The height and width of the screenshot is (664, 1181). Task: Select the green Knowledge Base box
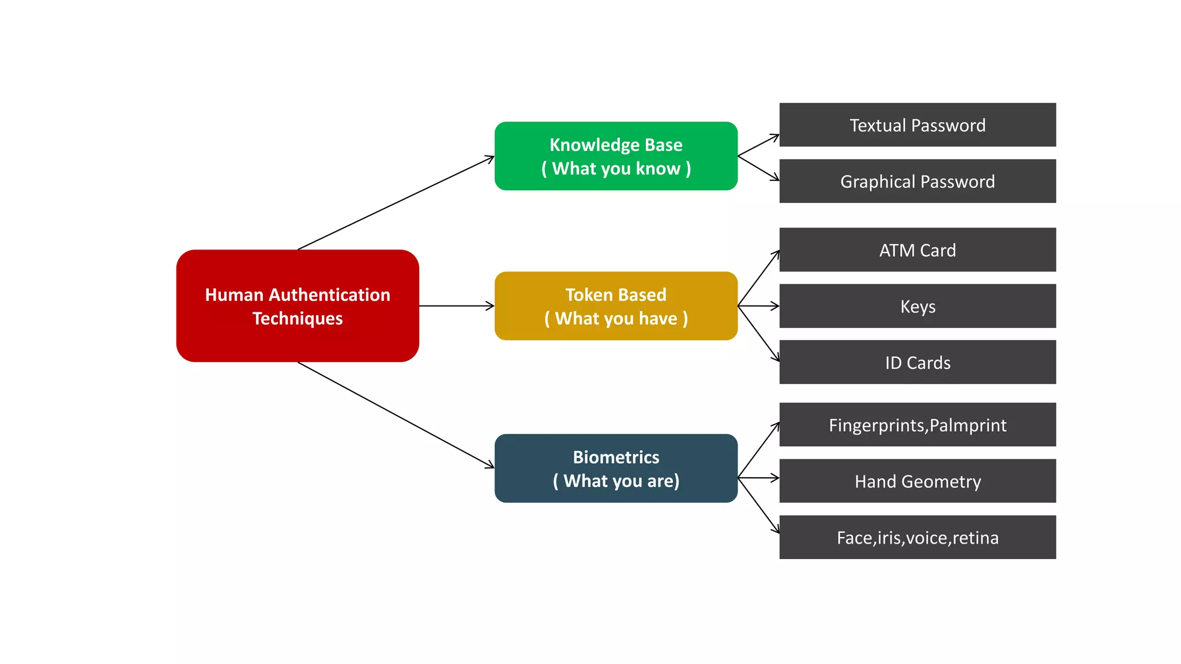tap(616, 156)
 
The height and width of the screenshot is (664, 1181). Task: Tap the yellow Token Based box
tap(616, 305)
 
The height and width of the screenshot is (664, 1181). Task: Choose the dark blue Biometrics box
tap(616, 468)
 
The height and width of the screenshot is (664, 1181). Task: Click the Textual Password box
tap(917, 124)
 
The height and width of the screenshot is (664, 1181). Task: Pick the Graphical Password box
tap(917, 181)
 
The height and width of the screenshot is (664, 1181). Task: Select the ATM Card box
tap(917, 250)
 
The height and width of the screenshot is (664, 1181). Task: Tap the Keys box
tap(917, 306)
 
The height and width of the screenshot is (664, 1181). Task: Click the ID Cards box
tap(917, 362)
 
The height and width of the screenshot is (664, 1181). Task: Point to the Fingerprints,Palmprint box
tap(917, 425)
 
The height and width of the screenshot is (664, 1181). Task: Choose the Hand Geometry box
tap(917, 481)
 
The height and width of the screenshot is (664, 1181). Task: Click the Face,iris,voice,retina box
tap(917, 537)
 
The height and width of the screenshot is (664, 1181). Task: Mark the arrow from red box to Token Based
tap(456, 306)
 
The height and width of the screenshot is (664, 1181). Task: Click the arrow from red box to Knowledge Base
tap(396, 203)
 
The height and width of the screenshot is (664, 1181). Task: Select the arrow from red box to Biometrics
tap(396, 415)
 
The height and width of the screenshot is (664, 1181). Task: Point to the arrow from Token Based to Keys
tap(758, 306)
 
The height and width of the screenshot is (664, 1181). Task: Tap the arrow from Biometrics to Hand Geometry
tap(758, 478)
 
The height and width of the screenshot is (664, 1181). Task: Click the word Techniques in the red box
tap(298, 319)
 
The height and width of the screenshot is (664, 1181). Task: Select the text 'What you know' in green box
tap(616, 168)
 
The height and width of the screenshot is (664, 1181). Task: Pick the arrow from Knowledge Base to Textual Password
tap(758, 145)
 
